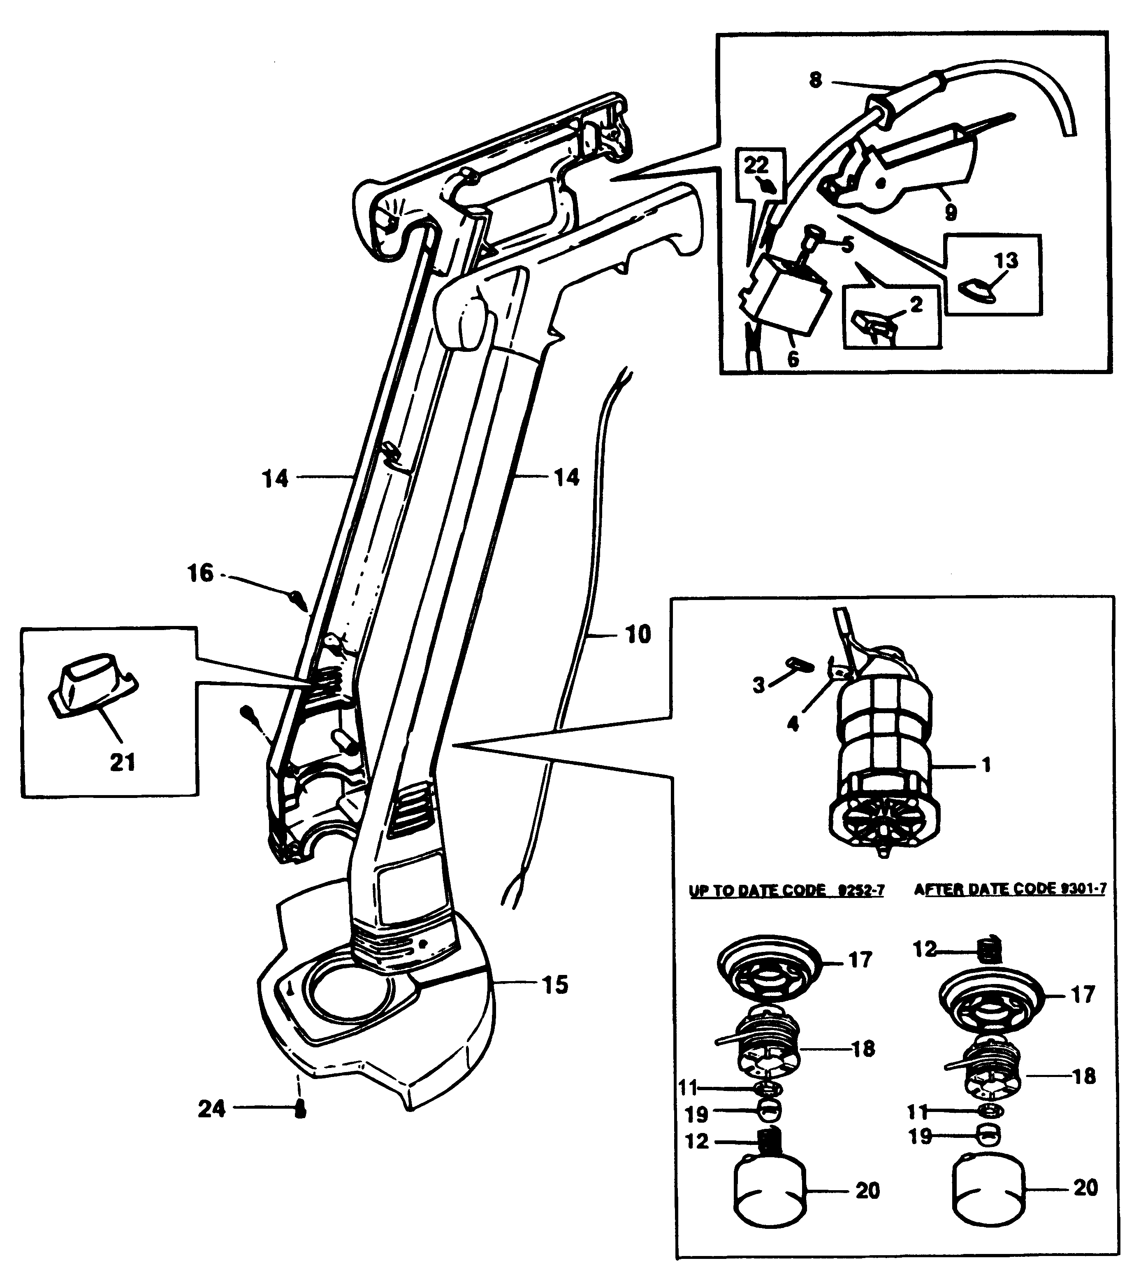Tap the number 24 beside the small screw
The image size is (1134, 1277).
point(212,1109)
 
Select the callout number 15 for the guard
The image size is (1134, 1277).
point(555,985)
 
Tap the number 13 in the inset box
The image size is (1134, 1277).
point(1006,260)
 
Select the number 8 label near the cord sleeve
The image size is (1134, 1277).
point(816,81)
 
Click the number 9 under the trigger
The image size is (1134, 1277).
point(951,212)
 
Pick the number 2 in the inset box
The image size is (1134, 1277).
point(916,305)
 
